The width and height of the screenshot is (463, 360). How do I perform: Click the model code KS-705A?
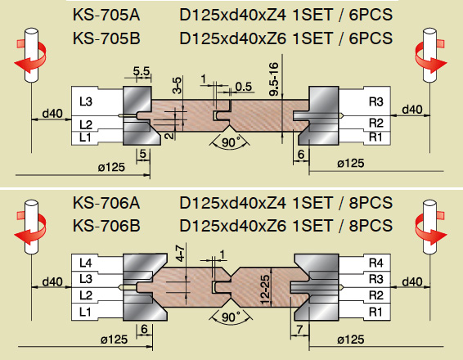pos(106,15)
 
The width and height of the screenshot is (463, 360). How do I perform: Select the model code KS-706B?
pos(106,226)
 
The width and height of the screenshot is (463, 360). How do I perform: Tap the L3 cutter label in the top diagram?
pos(86,101)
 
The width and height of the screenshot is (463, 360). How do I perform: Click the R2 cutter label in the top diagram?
pos(376,123)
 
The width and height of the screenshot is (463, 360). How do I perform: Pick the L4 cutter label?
pos(86,263)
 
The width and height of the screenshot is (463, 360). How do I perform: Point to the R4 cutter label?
pos(376,263)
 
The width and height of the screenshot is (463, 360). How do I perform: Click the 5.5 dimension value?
pos(142,71)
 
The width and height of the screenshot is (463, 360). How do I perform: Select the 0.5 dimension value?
pos(244,87)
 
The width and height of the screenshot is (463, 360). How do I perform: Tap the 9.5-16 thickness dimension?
pos(274,79)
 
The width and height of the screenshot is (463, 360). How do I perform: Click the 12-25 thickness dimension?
pos(265,290)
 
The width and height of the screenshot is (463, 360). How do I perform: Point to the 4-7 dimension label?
pos(180,253)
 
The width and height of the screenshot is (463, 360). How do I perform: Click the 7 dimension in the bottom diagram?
pos(299,329)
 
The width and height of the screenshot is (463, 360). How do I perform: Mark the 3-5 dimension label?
pos(178,85)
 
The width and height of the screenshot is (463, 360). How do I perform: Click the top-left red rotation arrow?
pos(30,56)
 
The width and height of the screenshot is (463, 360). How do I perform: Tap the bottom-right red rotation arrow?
pos(431,228)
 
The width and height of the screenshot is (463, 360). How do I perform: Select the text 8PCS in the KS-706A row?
pos(371,203)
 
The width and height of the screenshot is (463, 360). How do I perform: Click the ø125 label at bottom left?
pos(114,340)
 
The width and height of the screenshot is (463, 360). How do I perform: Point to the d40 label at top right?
pos(412,110)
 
